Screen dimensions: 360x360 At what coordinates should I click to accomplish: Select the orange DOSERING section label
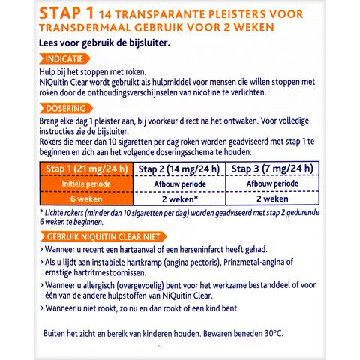67,108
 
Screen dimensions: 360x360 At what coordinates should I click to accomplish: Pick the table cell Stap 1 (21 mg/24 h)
84,169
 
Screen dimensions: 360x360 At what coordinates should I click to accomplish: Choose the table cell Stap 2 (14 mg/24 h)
180,169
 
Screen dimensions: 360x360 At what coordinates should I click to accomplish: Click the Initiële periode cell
84,184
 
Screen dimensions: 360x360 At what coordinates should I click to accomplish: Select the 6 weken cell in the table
84,200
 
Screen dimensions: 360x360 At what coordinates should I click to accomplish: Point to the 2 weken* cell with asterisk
180,200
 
